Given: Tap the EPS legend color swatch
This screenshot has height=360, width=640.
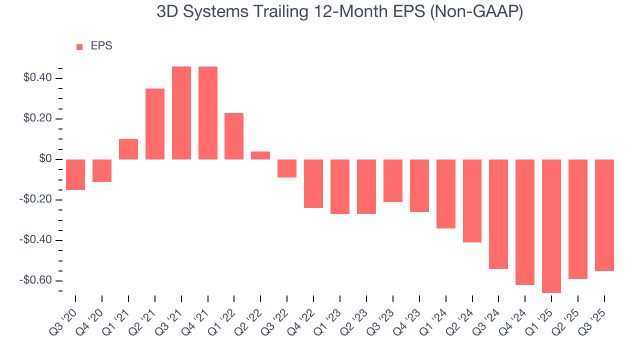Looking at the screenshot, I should coord(79,46).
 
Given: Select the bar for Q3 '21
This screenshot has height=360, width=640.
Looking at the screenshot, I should coord(181,113).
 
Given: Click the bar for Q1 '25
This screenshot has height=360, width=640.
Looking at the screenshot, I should coord(551,226).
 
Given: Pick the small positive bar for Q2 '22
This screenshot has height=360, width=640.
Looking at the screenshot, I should coord(260,155).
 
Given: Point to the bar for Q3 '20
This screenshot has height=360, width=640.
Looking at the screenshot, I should coord(75,174).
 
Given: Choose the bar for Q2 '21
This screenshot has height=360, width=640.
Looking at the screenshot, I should coord(155,124).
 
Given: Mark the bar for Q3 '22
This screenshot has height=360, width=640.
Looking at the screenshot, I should coord(287,168).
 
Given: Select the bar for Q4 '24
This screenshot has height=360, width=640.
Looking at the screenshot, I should coord(525,222).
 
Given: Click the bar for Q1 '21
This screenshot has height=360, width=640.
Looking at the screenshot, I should coord(128,149).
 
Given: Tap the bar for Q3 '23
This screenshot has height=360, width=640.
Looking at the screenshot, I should coord(393,180).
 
